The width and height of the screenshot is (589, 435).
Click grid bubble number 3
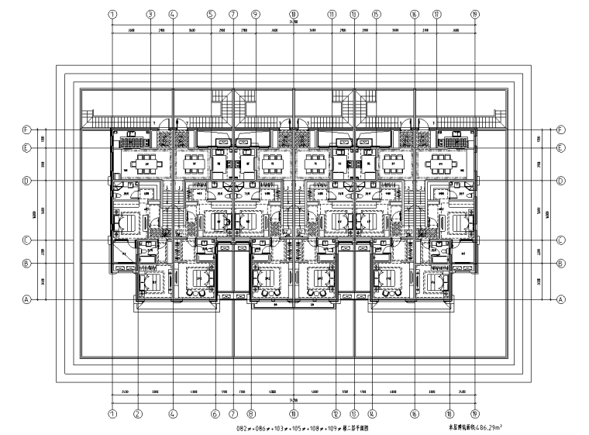pyautogui.click(x=150, y=14)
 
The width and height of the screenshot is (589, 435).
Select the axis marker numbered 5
pyautogui.click(x=211, y=14)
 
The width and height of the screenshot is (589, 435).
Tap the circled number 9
pyautogui.click(x=255, y=14)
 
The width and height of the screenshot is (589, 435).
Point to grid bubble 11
pyautogui.click(x=332, y=14)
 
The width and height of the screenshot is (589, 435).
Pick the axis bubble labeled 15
pyautogui.click(x=376, y=14)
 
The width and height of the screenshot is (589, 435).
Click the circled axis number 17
pyautogui.click(x=437, y=14)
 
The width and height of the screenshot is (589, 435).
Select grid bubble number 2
pyautogui.click(x=137, y=414)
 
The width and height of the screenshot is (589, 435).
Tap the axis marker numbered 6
pyautogui.click(x=215, y=414)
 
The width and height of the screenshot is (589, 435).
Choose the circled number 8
pyautogui.click(x=251, y=414)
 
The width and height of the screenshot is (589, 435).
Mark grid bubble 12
pyautogui.click(x=336, y=414)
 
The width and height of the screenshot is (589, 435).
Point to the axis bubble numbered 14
pyautogui.click(x=372, y=414)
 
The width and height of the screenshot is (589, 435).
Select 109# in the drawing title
pyautogui.click(x=325, y=426)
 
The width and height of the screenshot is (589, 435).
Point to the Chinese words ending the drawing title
pyautogui.click(x=350, y=426)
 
